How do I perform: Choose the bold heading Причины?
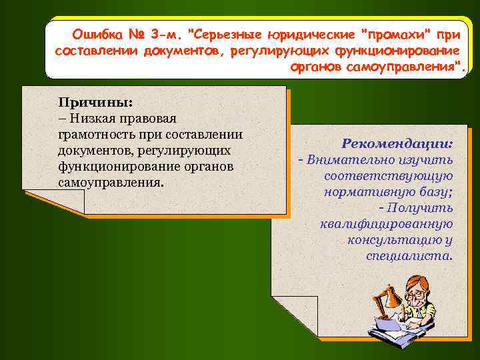95,103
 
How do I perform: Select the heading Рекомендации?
397,143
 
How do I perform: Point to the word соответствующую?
389,175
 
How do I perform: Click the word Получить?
422,208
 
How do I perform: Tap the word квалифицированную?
387,224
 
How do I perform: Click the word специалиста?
409,256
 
